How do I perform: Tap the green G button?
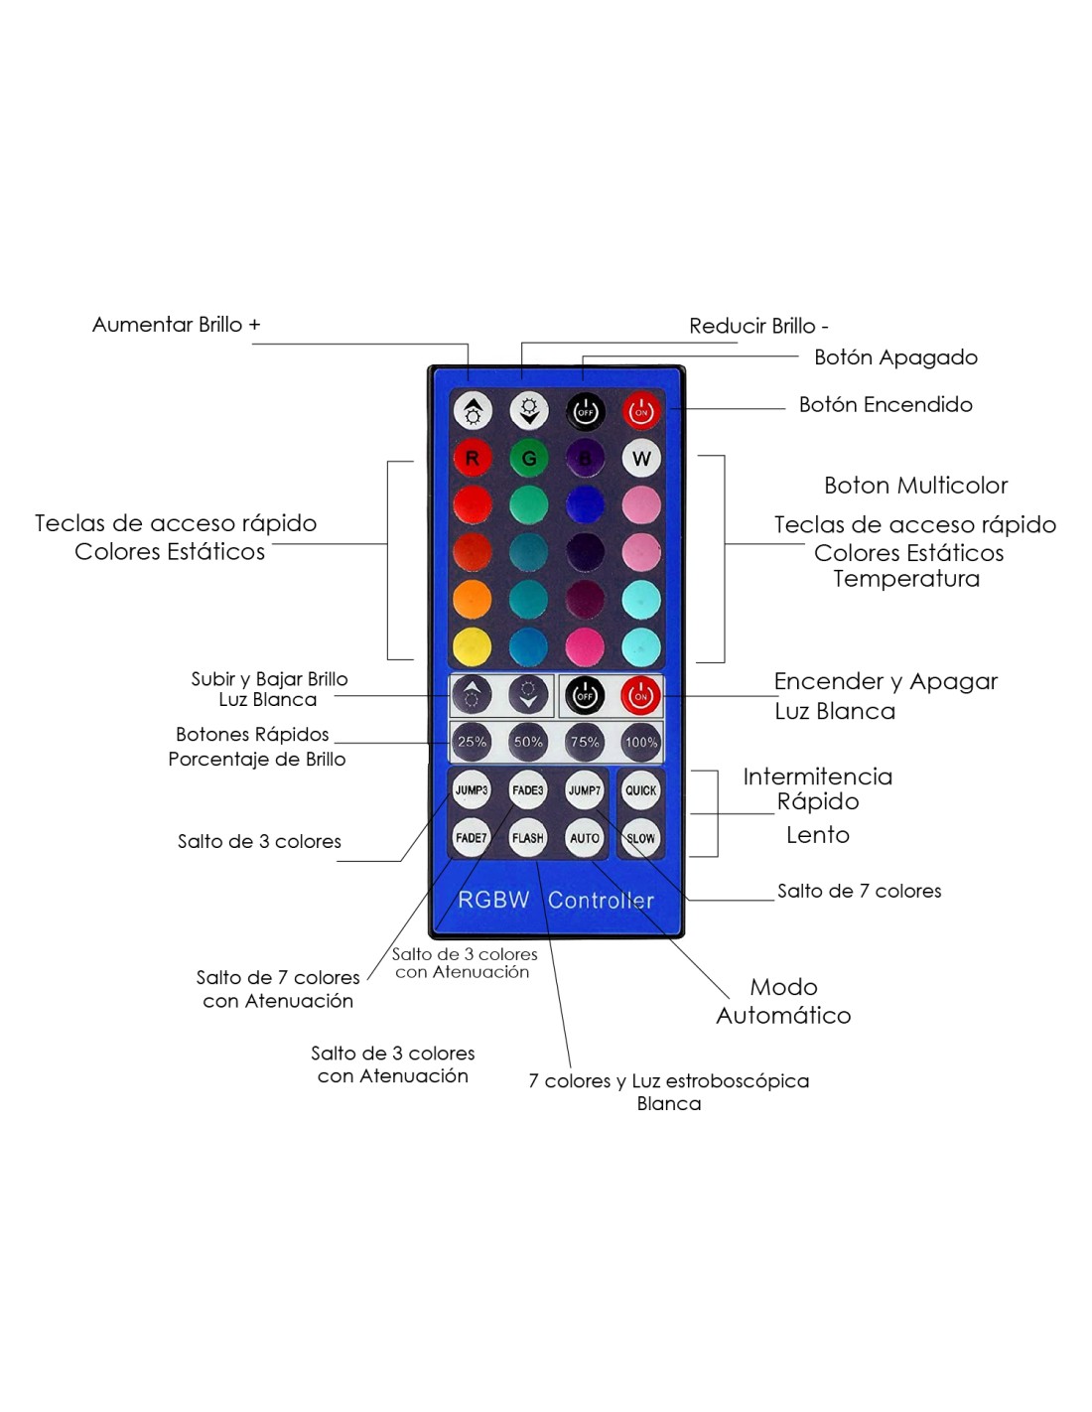pos(528,458)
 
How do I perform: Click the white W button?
pos(641,458)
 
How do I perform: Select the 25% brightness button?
pos(472,742)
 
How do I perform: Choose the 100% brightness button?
pos(641,742)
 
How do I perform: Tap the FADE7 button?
pos(471,838)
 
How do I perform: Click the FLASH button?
pos(527,838)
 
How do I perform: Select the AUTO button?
pos(584,838)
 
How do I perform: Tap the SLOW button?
pos(640,838)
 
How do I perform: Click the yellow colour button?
pos(472,646)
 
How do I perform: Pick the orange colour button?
pos(472,599)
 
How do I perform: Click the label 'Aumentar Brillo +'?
pos(176,325)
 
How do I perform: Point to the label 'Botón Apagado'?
pos(895,357)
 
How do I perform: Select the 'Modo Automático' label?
pos(783,1001)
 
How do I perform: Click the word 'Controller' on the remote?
pos(601,900)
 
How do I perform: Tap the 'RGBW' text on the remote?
pos(493,900)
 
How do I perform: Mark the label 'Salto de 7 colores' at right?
pos(859,891)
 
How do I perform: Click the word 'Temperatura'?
pos(906,578)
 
